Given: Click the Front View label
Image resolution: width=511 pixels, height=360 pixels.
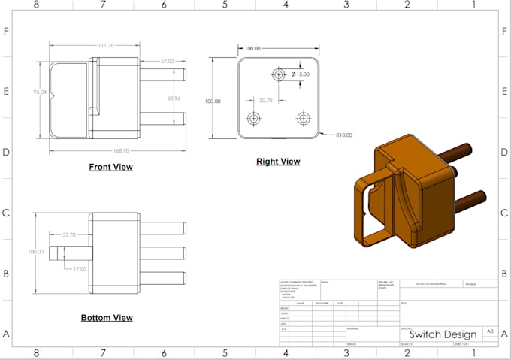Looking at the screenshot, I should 110,167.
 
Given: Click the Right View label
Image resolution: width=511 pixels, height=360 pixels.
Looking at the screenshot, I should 278,162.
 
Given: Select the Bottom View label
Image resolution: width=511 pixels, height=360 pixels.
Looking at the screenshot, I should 107,318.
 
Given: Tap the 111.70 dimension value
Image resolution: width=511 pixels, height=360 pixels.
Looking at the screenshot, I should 106,46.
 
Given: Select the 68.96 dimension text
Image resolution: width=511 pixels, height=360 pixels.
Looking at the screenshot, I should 174,98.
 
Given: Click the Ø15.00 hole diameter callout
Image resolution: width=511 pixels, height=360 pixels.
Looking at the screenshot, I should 301,74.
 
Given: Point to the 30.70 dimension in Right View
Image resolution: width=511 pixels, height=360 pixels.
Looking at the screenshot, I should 265,100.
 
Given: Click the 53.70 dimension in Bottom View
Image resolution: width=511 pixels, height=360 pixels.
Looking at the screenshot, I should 68,235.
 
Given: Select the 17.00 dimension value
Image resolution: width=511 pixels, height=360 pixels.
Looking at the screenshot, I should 78,268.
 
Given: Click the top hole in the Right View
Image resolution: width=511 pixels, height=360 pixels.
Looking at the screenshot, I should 279,75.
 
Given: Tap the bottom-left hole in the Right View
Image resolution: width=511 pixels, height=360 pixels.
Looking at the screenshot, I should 253,118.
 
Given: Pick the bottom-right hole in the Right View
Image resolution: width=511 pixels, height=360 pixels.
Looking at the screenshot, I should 304,118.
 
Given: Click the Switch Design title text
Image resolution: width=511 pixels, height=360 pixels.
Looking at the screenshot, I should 443,334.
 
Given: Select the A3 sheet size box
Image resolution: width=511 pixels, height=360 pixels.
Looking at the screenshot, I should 490,331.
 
